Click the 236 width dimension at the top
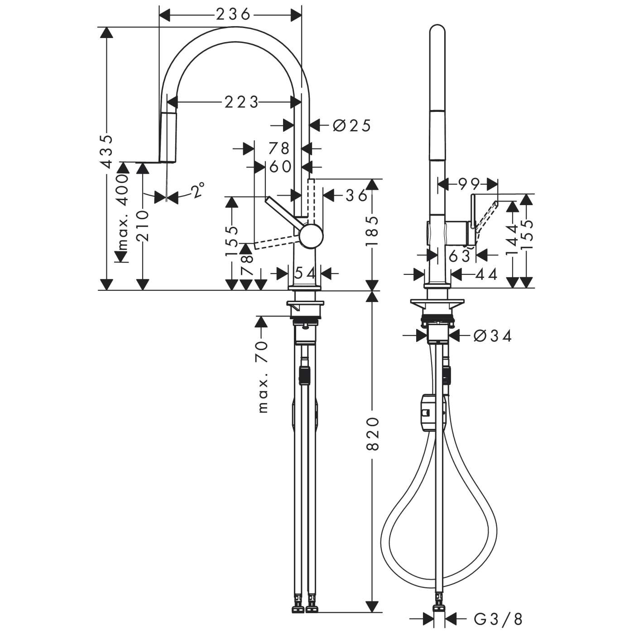233,15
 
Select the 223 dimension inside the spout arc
241,102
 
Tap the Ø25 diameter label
352,125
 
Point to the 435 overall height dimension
106,152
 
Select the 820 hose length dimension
372,434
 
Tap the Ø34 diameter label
492,336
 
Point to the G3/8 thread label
498,618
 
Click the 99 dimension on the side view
469,184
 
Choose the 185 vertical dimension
372,231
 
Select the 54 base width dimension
305,273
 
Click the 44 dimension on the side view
486,274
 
